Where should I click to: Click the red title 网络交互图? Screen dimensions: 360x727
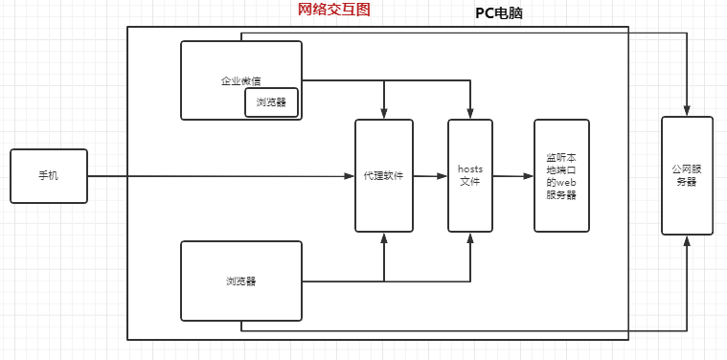point(333,10)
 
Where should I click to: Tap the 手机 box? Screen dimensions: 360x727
point(48,176)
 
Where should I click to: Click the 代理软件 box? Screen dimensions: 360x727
point(384,176)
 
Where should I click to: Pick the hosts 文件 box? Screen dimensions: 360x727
point(469,176)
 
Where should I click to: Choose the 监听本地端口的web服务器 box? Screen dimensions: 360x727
point(561,176)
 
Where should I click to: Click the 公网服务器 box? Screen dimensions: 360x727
point(687,175)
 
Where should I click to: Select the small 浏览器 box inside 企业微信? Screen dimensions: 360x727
point(271,102)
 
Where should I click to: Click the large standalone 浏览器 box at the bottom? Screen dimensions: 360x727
point(241,281)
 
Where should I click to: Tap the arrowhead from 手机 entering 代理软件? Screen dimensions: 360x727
point(350,176)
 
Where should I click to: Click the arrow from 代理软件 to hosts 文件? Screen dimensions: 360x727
point(431,176)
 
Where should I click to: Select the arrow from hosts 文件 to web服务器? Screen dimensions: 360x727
point(513,176)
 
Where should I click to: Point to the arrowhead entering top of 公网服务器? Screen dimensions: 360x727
point(687,111)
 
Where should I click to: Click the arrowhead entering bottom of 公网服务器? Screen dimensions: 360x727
point(687,240)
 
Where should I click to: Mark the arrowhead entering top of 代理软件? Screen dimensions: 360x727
point(384,114)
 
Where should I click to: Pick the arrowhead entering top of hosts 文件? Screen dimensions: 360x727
point(470,114)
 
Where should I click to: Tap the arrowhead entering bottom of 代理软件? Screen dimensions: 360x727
point(384,237)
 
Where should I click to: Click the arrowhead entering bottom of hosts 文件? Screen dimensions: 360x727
point(470,237)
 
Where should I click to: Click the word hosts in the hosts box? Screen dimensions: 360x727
point(469,169)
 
